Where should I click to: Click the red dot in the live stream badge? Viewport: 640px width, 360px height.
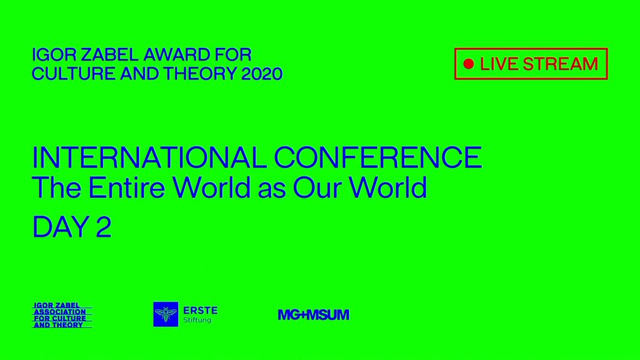tap(468, 64)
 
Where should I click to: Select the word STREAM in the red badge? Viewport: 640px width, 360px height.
tap(560, 64)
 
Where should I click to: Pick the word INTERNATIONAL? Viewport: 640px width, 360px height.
tap(149, 158)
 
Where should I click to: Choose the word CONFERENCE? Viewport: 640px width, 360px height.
tap(378, 158)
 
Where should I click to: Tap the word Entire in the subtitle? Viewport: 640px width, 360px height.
tap(127, 187)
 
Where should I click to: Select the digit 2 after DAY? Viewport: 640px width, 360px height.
tap(104, 227)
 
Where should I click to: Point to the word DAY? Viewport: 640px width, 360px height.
tap(61, 227)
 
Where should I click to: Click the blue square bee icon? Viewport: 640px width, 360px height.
tap(166, 314)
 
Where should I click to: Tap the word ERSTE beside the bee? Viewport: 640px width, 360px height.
tap(200, 311)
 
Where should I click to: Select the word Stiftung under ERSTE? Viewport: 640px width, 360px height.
tap(197, 320)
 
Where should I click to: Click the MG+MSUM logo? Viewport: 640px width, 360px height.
tap(314, 314)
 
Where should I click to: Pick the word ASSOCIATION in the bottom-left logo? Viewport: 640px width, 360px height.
tap(60, 312)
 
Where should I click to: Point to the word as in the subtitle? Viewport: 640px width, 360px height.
tap(272, 190)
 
